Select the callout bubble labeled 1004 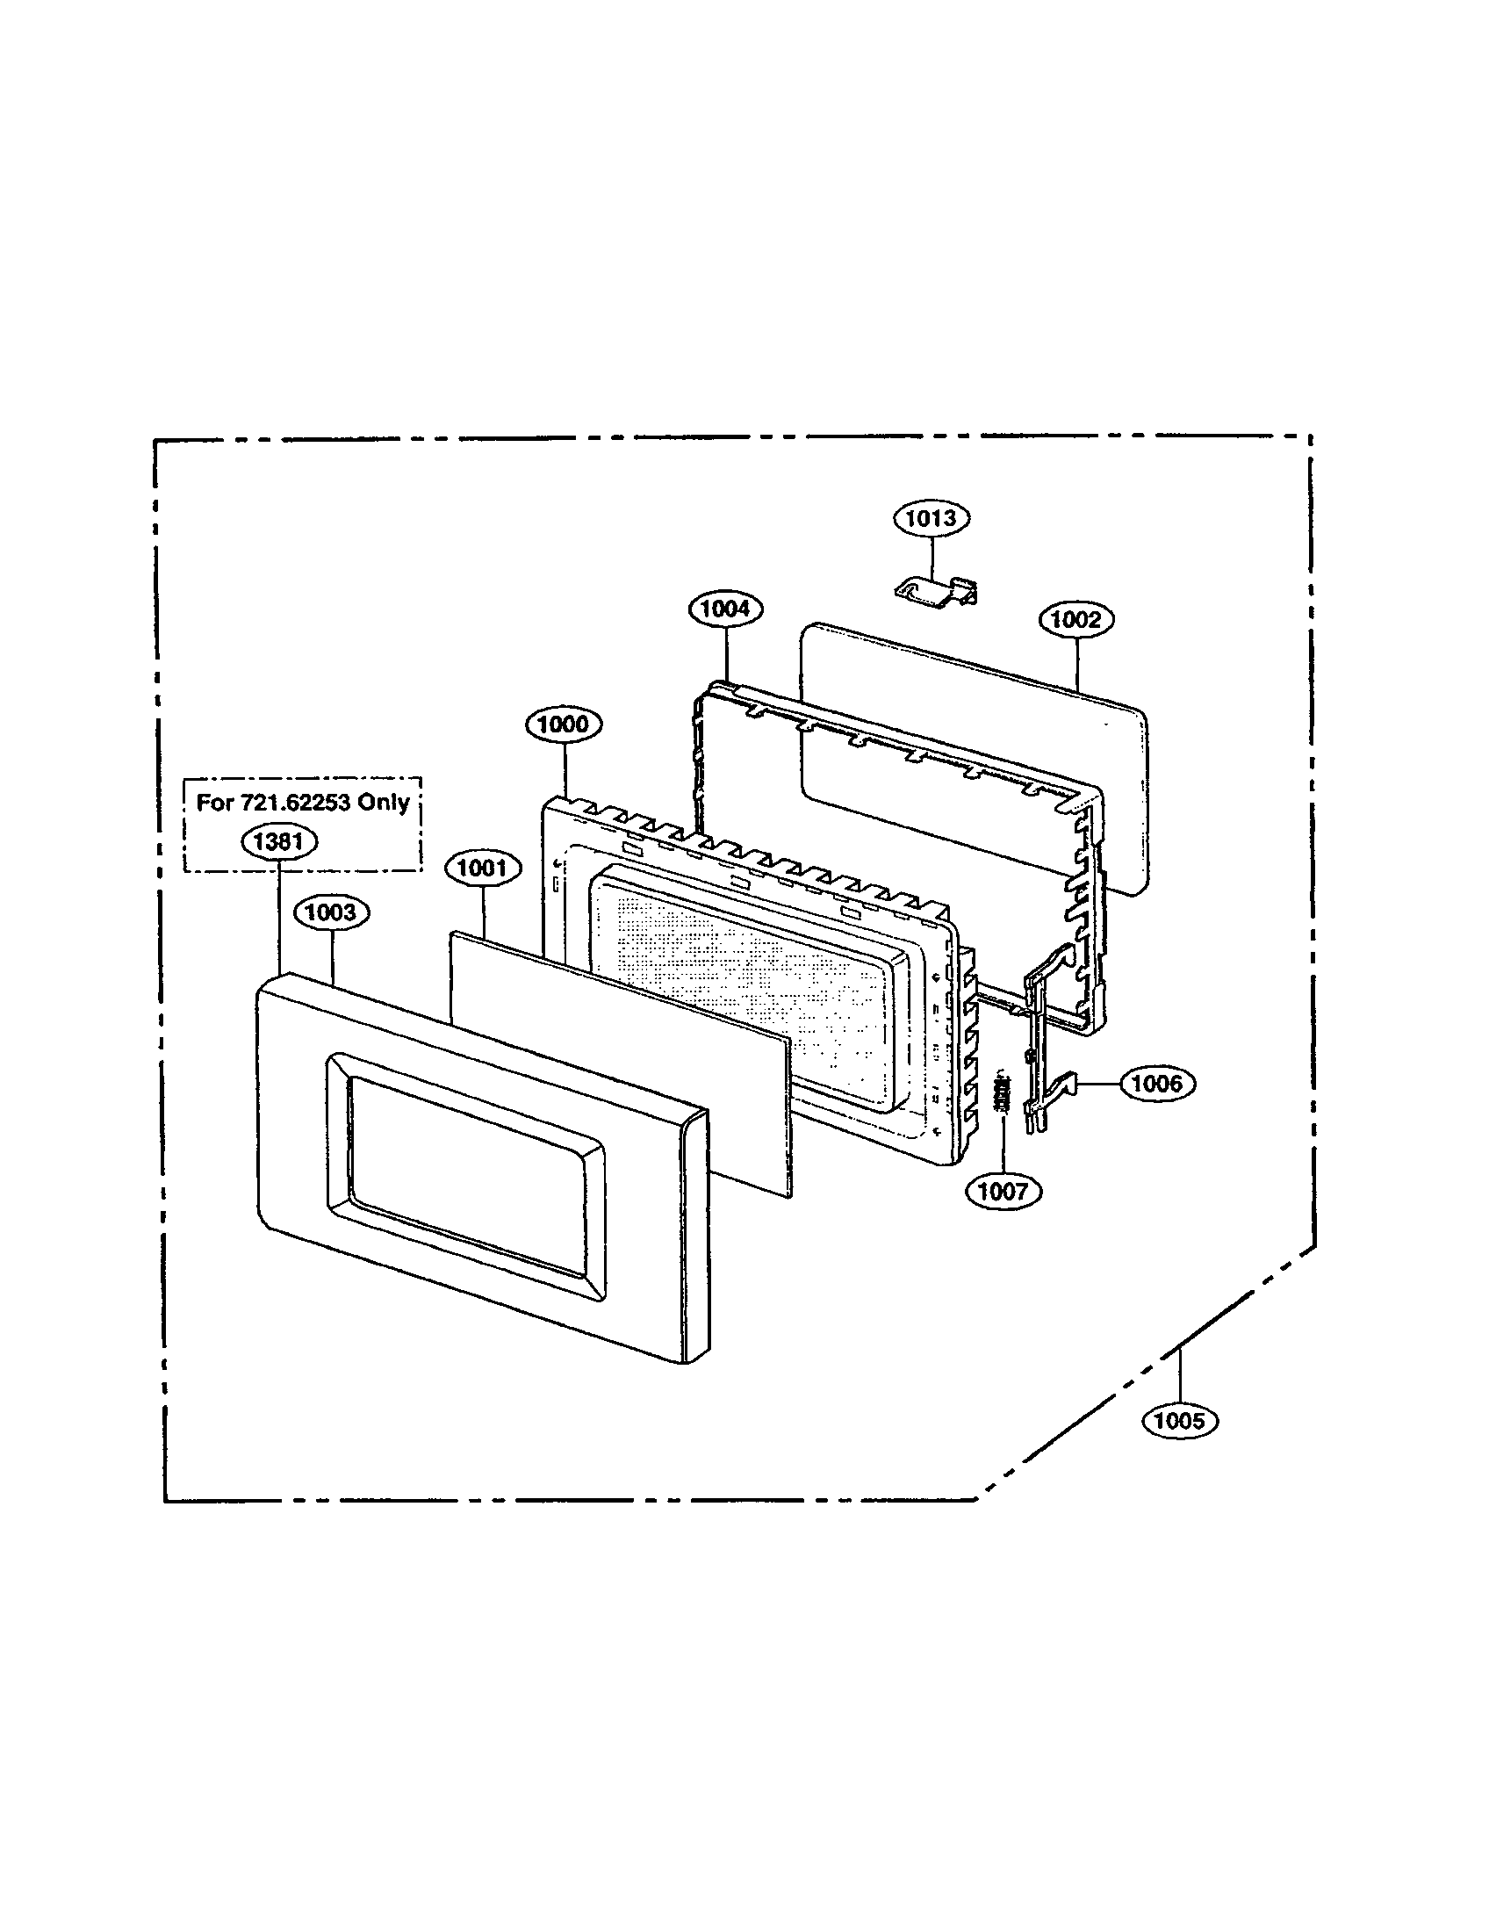[x=725, y=609]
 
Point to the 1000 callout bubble [x=564, y=724]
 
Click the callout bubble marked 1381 [x=278, y=841]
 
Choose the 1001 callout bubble [x=482, y=868]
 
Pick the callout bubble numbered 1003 [x=331, y=912]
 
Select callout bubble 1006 [x=1157, y=1083]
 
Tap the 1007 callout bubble [x=1003, y=1191]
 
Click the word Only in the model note [x=384, y=803]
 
